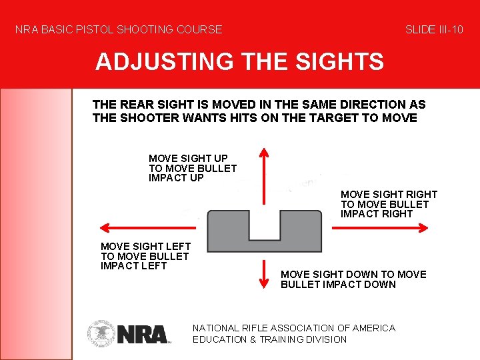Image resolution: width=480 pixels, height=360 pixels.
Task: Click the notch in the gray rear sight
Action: pyautogui.click(x=264, y=225)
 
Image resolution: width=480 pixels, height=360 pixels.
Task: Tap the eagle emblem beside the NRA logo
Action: pyautogui.click(x=101, y=333)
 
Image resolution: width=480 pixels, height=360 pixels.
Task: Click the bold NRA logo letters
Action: pyautogui.click(x=142, y=333)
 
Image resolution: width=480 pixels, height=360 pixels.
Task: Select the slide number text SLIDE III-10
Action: pyautogui.click(x=434, y=29)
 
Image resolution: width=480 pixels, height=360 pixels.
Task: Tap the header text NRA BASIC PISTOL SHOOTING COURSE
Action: pyautogui.click(x=119, y=29)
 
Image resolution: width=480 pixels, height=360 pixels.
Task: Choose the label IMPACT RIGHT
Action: pyautogui.click(x=377, y=214)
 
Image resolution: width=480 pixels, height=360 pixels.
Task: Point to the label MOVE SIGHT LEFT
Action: pyautogui.click(x=145, y=247)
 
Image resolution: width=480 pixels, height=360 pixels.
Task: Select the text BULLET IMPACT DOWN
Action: pyautogui.click(x=338, y=285)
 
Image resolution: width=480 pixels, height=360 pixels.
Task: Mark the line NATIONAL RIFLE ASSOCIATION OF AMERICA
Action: pyautogui.click(x=293, y=328)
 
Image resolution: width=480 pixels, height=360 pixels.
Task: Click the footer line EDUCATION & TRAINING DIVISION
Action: pyautogui.click(x=269, y=339)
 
